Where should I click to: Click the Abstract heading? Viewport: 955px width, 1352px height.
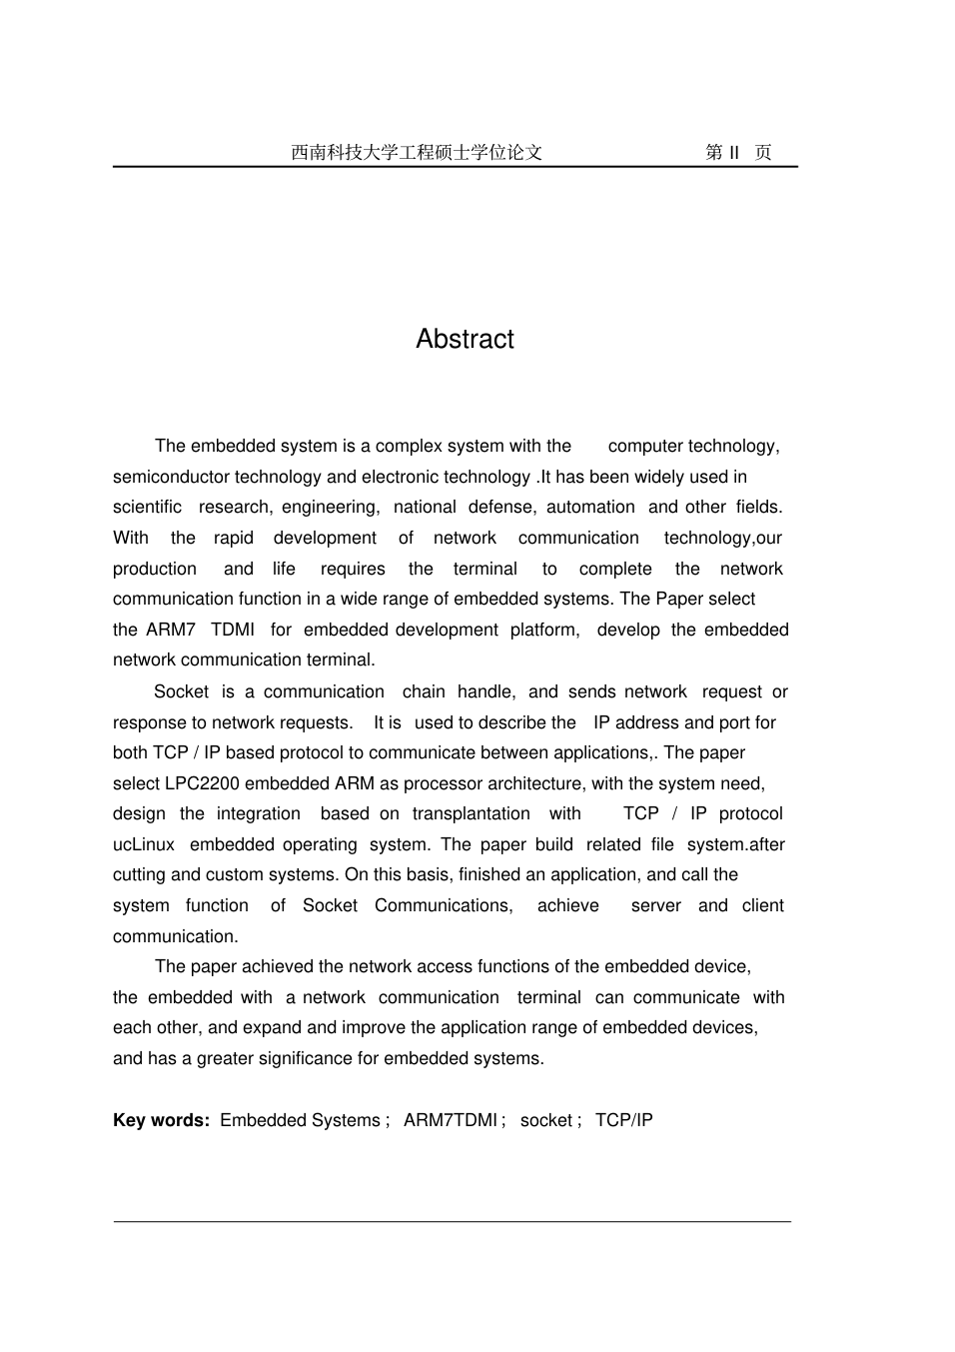(x=465, y=339)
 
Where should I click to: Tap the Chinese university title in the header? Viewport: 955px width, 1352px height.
(x=417, y=153)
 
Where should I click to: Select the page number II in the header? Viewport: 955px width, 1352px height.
(x=734, y=153)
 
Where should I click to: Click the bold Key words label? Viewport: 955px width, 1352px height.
(x=161, y=1120)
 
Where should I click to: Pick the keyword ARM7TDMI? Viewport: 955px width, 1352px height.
(x=450, y=1120)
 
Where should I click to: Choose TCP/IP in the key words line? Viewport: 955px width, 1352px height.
(x=624, y=1120)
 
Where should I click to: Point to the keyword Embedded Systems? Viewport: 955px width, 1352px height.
(x=300, y=1120)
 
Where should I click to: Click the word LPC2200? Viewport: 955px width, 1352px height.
(x=203, y=783)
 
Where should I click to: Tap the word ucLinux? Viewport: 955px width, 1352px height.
(x=144, y=844)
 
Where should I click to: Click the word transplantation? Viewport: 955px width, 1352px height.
(x=472, y=813)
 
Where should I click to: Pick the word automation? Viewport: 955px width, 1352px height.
(x=590, y=507)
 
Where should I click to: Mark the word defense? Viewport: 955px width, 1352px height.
(x=501, y=507)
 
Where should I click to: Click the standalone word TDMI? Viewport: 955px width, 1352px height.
(x=233, y=630)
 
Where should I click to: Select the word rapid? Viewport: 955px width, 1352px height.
(x=234, y=538)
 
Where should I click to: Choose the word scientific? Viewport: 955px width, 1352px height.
(x=148, y=507)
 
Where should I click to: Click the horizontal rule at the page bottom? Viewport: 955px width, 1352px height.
(x=452, y=1221)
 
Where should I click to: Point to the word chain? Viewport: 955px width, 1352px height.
(x=424, y=691)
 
